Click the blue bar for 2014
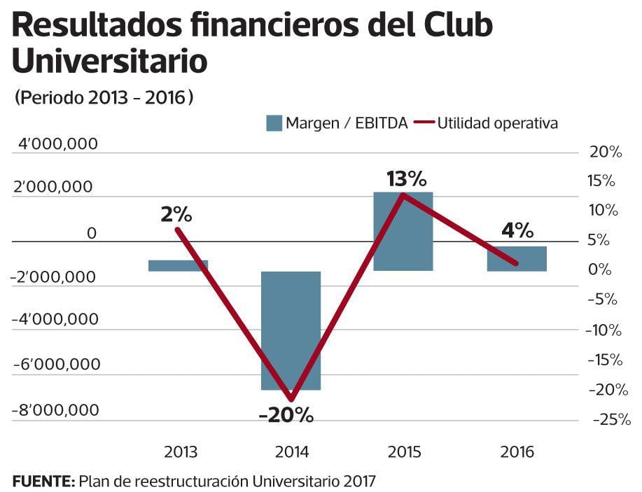(291, 330)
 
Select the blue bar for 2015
(403, 231)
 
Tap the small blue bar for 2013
(178, 265)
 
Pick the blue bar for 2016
(517, 258)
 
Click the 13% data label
(406, 179)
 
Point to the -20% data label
(286, 415)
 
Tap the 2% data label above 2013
(176, 215)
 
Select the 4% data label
(517, 230)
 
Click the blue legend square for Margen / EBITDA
(273, 123)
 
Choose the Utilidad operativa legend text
(497, 123)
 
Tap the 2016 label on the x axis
(517, 451)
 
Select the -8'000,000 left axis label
(55, 410)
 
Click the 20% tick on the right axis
(606, 152)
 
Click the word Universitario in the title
(110, 61)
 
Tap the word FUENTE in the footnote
(43, 481)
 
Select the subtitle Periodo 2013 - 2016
(104, 98)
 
